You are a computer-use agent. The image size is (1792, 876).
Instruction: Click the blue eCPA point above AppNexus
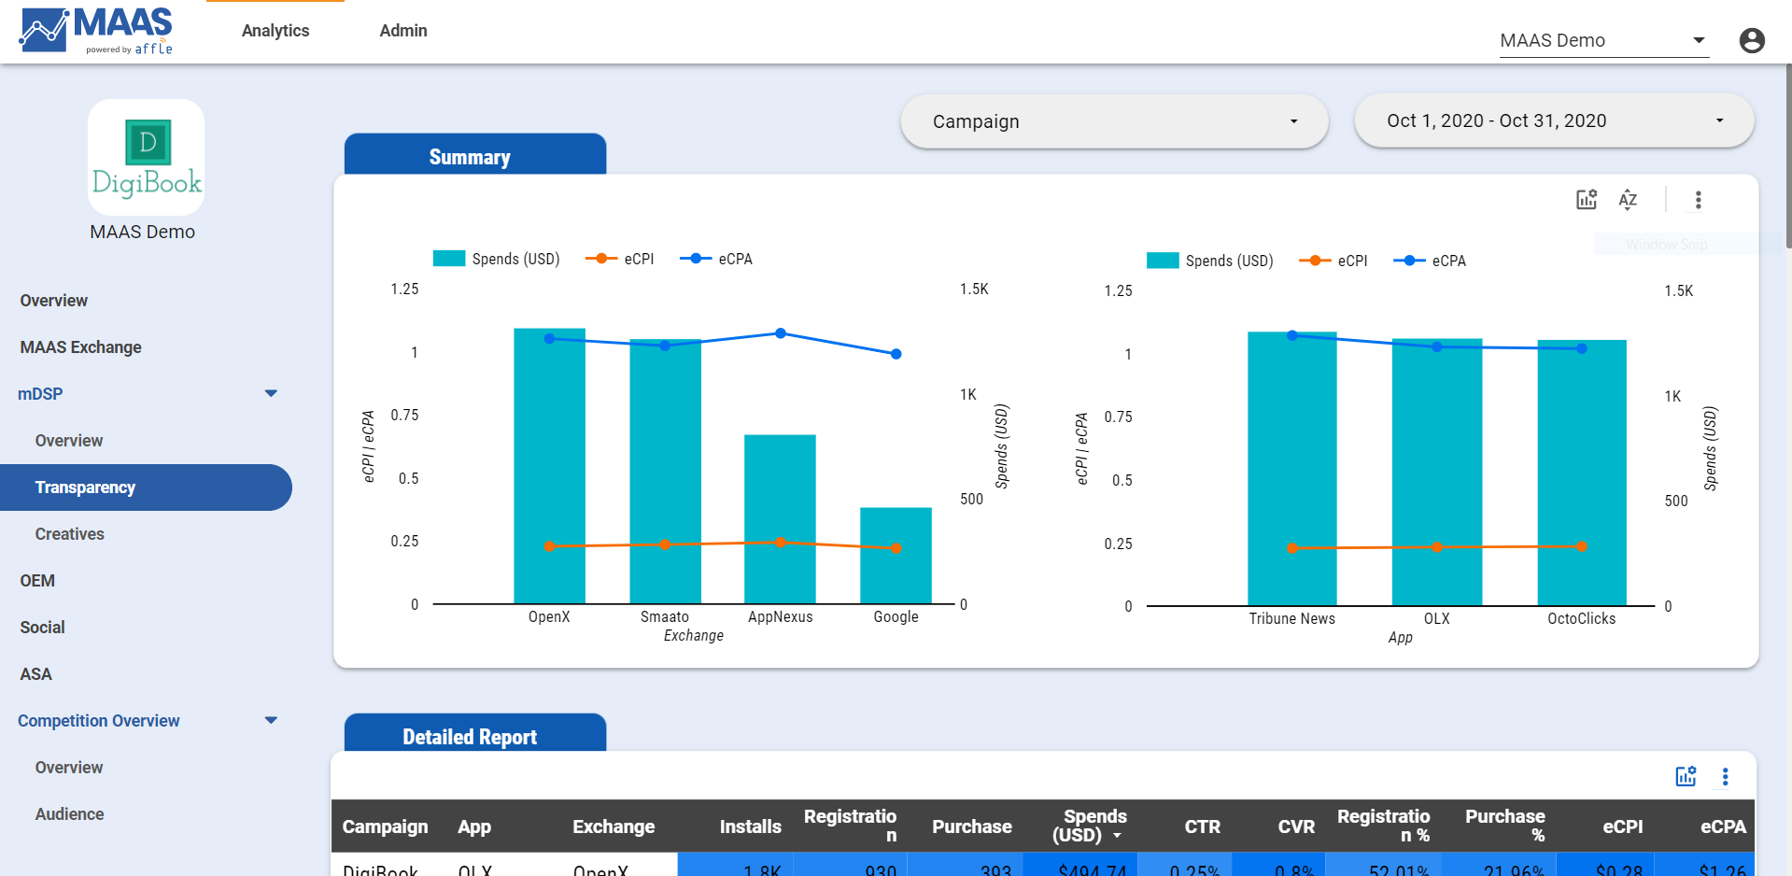781,333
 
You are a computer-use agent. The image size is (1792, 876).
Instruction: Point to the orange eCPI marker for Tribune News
1291,548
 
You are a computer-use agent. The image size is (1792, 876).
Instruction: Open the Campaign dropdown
1113,121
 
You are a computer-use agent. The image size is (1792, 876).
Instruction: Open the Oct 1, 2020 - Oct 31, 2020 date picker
1553,120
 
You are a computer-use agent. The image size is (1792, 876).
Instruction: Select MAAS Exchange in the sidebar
81,347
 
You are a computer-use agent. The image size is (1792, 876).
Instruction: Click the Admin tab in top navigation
403,31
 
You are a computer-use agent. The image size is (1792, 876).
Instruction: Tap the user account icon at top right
1752,40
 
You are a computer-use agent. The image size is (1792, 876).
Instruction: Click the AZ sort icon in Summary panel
1628,199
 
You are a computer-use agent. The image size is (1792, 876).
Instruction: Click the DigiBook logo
147,158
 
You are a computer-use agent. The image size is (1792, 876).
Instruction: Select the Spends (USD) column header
1088,826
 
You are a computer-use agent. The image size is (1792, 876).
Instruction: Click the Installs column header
750,827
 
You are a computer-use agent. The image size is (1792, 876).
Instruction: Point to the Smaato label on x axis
664,616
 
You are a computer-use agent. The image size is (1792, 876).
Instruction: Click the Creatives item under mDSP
70,534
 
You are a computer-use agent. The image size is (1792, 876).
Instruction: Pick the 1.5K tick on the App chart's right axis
1678,290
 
